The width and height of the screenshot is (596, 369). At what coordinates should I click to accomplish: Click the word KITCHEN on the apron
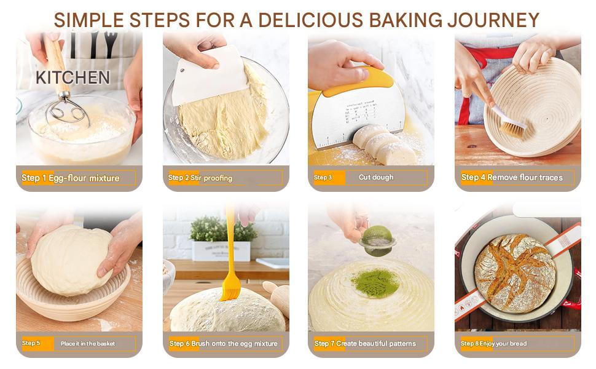click(x=73, y=77)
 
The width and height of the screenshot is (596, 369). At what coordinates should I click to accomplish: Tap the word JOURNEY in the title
click(x=493, y=20)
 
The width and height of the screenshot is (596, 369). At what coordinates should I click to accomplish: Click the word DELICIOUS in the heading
click(x=310, y=20)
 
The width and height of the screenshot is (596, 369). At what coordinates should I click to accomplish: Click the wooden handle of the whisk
click(x=55, y=65)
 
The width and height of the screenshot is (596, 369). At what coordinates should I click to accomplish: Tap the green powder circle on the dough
click(x=374, y=283)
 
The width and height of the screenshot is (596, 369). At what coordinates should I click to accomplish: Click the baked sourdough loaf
click(x=515, y=273)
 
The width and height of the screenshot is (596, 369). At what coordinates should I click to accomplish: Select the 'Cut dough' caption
click(x=376, y=177)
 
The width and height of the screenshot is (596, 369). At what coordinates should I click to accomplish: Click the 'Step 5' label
click(x=31, y=343)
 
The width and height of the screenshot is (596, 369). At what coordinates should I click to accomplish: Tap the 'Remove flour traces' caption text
click(x=525, y=177)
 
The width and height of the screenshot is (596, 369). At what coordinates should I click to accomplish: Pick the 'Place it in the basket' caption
click(x=88, y=344)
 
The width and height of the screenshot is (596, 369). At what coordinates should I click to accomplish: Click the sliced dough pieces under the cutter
click(x=385, y=145)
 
